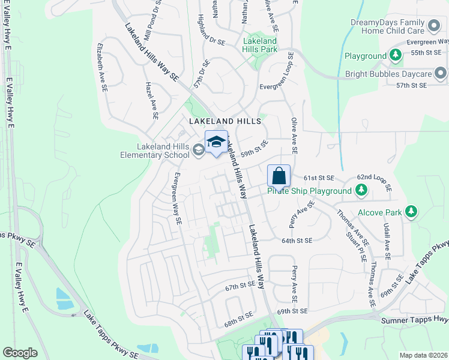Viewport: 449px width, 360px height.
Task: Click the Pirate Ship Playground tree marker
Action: point(361,191)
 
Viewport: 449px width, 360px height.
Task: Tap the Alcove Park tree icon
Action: point(411,212)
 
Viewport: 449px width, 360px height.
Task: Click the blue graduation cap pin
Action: point(216,142)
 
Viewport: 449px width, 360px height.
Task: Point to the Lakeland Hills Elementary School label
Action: point(154,151)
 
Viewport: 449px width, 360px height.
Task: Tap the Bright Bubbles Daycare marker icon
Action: point(441,74)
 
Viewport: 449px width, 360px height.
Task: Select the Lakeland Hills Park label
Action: point(260,45)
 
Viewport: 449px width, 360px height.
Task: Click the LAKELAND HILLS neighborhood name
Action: point(225,121)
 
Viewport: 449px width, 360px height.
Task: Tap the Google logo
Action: point(20,352)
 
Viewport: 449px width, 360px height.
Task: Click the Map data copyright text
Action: point(423,355)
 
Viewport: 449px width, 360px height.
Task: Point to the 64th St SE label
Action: point(297,241)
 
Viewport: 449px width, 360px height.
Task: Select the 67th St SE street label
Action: point(241,288)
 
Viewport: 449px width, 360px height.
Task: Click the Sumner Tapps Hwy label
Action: point(415,320)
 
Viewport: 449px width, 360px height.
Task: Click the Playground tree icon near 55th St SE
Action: point(396,56)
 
